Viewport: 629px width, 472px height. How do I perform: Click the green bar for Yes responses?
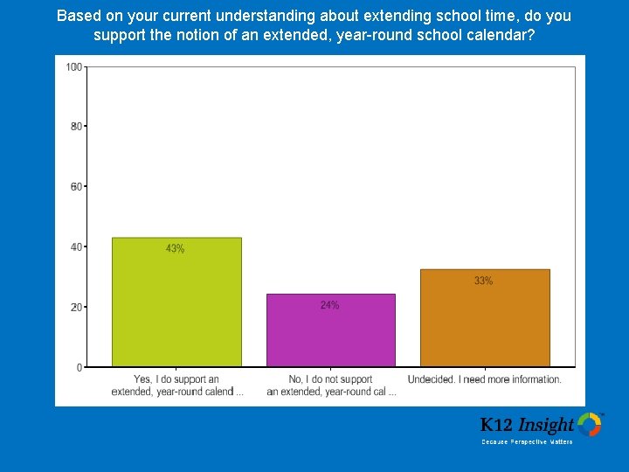(x=176, y=302)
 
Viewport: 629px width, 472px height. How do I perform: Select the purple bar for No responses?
(x=330, y=330)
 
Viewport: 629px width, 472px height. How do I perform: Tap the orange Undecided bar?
(x=485, y=318)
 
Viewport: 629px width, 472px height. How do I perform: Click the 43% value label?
(x=176, y=249)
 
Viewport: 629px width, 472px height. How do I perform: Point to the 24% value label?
(x=329, y=305)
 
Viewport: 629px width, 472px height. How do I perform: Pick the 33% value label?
(x=484, y=281)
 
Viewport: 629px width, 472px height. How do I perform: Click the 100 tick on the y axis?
(x=74, y=67)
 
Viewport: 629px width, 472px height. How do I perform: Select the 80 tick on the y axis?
(x=76, y=127)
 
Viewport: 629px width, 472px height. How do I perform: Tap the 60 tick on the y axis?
(x=76, y=187)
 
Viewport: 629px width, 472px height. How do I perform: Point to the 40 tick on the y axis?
(x=76, y=247)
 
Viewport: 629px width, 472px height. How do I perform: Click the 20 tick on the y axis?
(x=76, y=308)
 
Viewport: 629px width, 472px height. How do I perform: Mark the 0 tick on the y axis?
(x=79, y=367)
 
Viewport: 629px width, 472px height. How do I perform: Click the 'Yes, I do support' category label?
(x=176, y=385)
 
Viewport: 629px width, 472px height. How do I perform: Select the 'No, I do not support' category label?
(x=331, y=385)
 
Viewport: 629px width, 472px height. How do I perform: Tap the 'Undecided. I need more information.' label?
(x=484, y=379)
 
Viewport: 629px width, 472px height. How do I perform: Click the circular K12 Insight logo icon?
(x=590, y=425)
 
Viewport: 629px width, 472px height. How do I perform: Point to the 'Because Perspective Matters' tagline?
(x=527, y=442)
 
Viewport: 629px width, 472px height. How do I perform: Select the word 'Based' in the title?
(x=76, y=16)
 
